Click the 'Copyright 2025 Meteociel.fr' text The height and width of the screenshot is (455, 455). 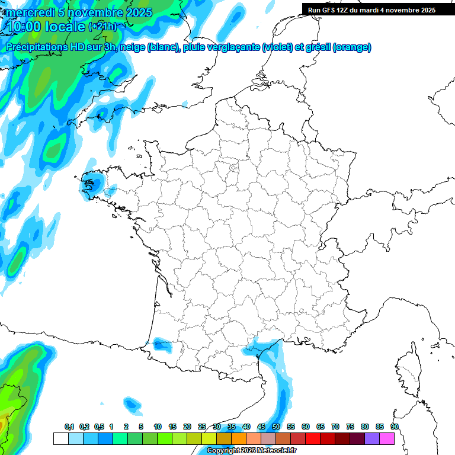[x=251, y=451]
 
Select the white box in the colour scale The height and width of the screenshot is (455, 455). [x=60, y=438]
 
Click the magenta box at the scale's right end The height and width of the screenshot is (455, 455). [x=387, y=438]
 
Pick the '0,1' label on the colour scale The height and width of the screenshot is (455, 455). [x=69, y=427]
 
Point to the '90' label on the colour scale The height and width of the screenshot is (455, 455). [x=395, y=427]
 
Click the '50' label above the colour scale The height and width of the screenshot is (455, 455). [x=276, y=427]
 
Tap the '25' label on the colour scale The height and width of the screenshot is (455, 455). [x=202, y=427]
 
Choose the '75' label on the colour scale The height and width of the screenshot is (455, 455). [x=350, y=427]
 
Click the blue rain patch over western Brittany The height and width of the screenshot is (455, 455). [x=92, y=181]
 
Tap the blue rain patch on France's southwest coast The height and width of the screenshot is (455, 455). [x=159, y=342]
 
